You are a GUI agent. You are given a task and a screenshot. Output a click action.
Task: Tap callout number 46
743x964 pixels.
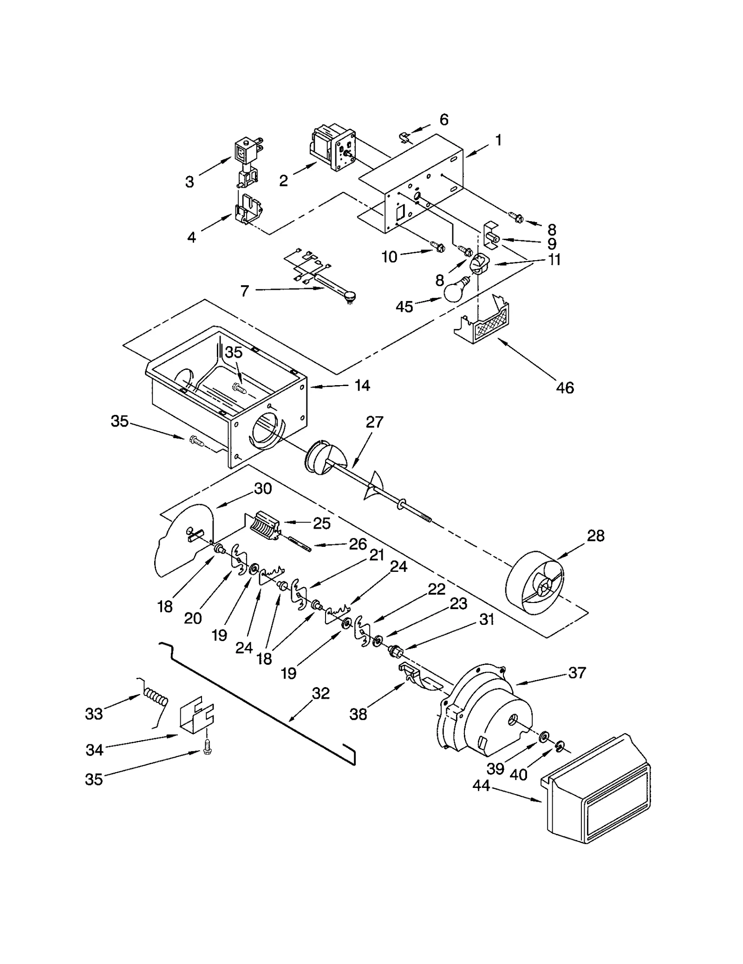point(565,387)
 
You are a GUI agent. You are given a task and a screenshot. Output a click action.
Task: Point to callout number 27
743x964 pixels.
point(374,422)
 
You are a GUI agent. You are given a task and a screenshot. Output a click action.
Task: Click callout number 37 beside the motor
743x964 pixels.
point(577,672)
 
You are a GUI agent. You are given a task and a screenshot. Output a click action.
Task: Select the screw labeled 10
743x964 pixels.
point(437,247)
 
